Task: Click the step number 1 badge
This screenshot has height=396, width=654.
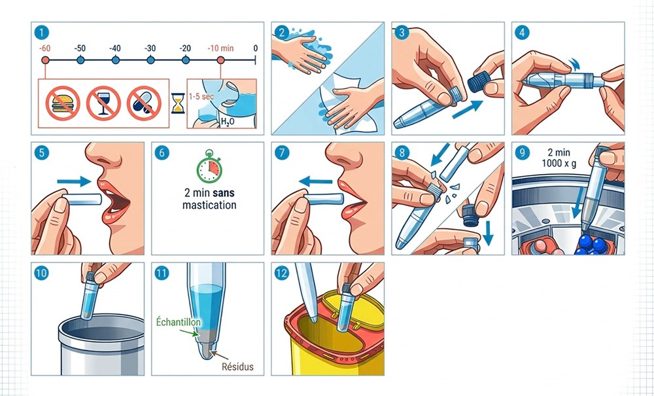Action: point(41,33)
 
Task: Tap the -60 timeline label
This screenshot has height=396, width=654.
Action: point(44,48)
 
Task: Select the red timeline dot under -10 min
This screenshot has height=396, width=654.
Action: point(220,60)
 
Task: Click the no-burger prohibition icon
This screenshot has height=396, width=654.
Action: point(63,103)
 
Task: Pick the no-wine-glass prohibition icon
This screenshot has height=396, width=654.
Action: point(103,103)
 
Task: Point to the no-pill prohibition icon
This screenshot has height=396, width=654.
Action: point(144,103)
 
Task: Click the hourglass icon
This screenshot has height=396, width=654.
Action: point(178,103)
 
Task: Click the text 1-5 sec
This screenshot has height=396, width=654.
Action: point(201,96)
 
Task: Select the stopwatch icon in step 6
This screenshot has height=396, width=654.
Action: point(209,166)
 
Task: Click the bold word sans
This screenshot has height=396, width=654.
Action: point(224,193)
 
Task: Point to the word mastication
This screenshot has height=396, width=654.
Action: point(209,206)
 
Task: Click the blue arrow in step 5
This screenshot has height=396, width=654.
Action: point(74,181)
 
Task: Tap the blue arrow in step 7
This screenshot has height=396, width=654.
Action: point(316,181)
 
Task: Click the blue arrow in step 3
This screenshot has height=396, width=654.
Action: point(467,109)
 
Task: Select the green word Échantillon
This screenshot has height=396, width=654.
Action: point(178,322)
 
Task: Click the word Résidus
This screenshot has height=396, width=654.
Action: point(237,367)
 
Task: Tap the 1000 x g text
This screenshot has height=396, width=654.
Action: point(559,164)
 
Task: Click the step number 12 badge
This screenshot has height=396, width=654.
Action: point(281,274)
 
